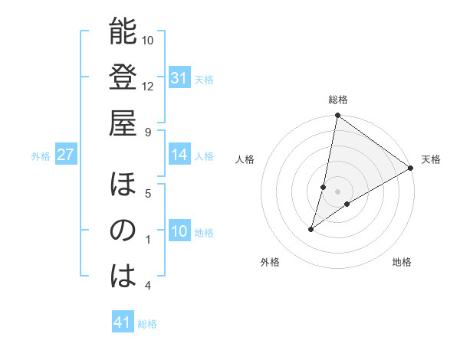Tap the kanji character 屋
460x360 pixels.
click(123, 123)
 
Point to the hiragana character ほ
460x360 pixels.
click(123, 185)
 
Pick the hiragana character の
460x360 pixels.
click(123, 231)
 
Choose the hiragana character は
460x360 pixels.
click(123, 277)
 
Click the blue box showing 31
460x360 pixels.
click(179, 78)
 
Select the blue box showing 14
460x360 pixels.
click(179, 155)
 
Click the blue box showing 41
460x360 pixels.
click(123, 323)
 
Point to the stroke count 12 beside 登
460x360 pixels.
click(148, 87)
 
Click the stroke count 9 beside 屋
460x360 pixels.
click(148, 132)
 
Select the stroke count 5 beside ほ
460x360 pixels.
click(148, 193)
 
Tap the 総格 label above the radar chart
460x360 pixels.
click(338, 100)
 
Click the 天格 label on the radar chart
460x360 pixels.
click(431, 159)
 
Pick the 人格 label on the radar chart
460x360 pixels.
click(245, 159)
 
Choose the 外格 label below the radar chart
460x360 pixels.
click(270, 262)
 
